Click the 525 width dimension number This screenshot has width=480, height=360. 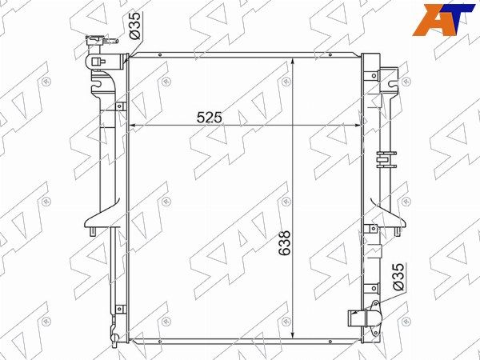209,118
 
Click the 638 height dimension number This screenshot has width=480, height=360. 285,243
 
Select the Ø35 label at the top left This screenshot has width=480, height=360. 134,26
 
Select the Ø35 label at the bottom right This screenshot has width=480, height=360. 398,277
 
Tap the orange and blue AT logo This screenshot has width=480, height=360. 443,20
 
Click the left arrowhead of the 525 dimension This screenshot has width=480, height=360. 132,126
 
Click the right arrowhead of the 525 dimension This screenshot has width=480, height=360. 357,126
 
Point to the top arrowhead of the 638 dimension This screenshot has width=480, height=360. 293,62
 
